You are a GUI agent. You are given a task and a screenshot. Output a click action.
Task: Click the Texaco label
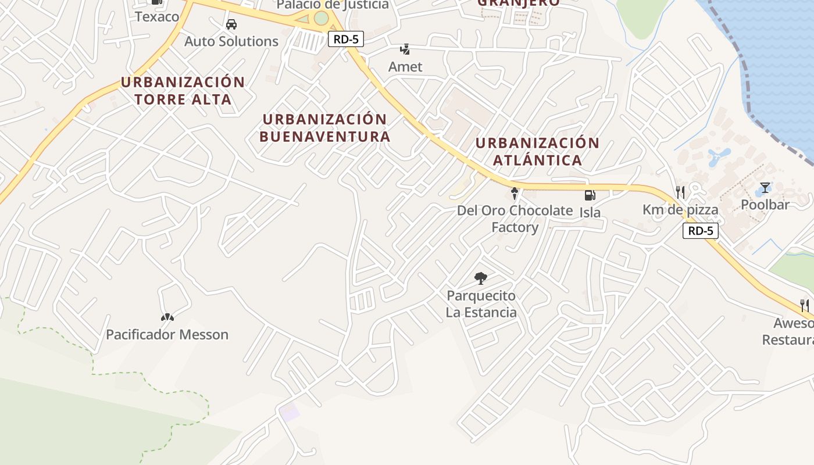(x=157, y=16)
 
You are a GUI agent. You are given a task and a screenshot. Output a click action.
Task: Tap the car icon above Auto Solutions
(x=231, y=24)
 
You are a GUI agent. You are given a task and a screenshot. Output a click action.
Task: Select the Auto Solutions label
(x=231, y=41)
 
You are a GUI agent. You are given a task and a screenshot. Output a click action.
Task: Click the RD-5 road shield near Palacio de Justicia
(x=346, y=39)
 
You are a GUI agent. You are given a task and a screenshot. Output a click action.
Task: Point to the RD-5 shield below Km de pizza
(x=701, y=231)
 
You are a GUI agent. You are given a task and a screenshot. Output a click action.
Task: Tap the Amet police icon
(x=405, y=49)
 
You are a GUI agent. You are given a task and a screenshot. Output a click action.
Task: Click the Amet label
(x=405, y=67)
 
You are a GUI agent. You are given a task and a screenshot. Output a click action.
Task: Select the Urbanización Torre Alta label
(x=183, y=91)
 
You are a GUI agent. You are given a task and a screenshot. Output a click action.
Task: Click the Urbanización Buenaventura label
(x=325, y=128)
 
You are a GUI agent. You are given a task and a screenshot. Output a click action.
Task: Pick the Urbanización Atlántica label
(x=538, y=151)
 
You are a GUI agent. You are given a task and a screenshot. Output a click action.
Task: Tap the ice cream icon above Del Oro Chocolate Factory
(x=514, y=194)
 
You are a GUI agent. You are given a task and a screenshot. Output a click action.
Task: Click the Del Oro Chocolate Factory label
(x=515, y=219)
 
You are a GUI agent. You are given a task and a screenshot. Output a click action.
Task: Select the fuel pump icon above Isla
(x=590, y=196)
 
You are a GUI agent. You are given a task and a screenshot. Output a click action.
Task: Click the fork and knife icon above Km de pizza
(x=680, y=192)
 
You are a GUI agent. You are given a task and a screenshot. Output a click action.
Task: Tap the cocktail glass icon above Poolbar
(x=765, y=188)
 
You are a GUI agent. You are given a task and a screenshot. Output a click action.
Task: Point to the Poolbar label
(x=765, y=205)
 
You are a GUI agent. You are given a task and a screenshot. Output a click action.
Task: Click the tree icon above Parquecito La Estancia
(x=481, y=278)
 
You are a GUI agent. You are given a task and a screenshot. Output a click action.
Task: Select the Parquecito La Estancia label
(x=481, y=304)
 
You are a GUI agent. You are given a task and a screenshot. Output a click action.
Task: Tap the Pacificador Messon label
(x=167, y=334)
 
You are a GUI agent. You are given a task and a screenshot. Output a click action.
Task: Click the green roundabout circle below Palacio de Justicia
(x=321, y=18)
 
